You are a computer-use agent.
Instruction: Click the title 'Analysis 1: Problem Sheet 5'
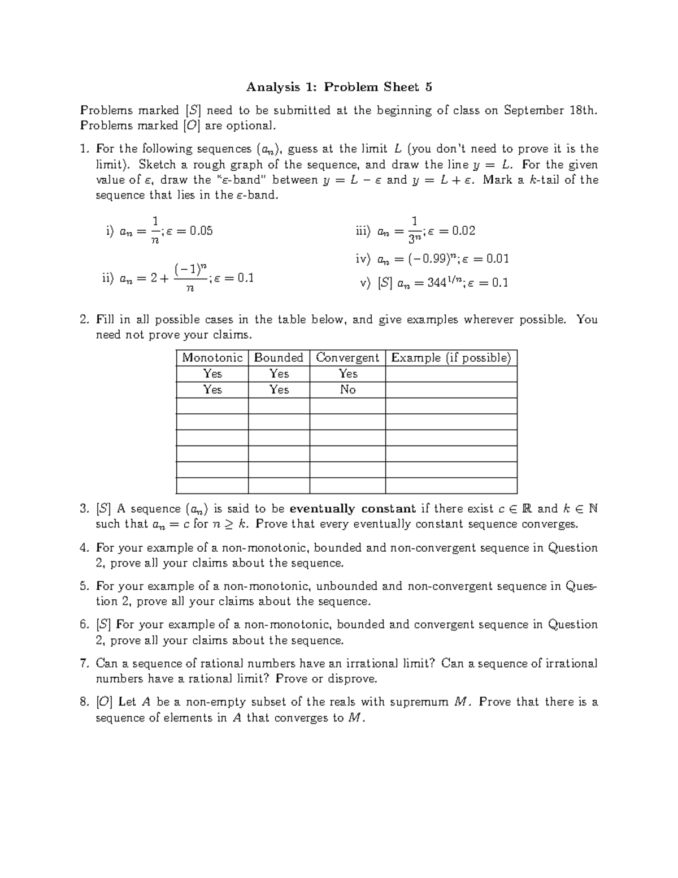click(339, 87)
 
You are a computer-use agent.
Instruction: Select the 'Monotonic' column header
click(212, 358)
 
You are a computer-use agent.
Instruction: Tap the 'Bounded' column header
click(279, 358)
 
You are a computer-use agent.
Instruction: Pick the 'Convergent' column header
click(347, 358)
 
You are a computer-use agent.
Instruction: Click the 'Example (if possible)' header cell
click(451, 358)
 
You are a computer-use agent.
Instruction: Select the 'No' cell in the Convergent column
click(347, 390)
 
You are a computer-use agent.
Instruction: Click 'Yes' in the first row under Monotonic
click(212, 374)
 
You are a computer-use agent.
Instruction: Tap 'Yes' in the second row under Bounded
click(279, 390)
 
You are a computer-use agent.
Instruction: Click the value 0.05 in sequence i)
click(201, 231)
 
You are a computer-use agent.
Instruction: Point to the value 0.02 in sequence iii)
click(463, 231)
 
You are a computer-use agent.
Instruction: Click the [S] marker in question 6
click(104, 625)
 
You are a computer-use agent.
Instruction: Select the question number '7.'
click(85, 663)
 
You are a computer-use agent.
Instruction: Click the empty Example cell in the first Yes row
click(451, 374)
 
